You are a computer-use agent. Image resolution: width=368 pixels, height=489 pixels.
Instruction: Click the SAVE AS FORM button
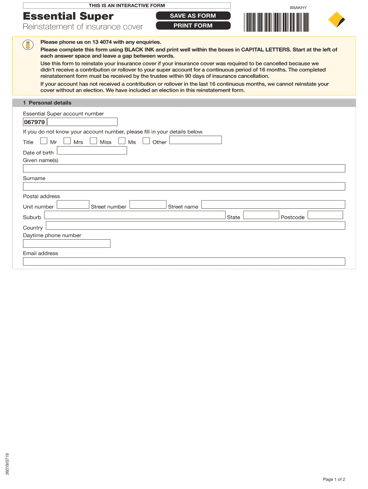pyautogui.click(x=193, y=16)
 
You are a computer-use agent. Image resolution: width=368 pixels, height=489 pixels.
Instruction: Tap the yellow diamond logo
pyautogui.click(x=336, y=20)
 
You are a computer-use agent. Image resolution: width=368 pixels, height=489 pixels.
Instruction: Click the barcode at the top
pyautogui.click(x=276, y=21)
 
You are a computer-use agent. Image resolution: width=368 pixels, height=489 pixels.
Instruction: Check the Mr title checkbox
pyautogui.click(x=44, y=141)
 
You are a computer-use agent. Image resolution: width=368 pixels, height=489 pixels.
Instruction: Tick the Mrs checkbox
pyautogui.click(x=67, y=141)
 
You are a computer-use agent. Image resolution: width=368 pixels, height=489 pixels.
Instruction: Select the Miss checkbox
pyautogui.click(x=93, y=141)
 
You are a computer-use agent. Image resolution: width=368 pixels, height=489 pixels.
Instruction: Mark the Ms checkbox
pyautogui.click(x=122, y=141)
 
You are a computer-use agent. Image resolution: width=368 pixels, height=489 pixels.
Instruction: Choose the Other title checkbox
pyautogui.click(x=146, y=141)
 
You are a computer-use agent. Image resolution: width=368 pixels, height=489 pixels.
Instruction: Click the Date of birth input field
pyautogui.click(x=92, y=150)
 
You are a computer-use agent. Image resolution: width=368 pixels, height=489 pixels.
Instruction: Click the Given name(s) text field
pyautogui.click(x=184, y=169)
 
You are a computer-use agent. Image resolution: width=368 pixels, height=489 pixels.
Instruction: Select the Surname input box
pyautogui.click(x=184, y=186)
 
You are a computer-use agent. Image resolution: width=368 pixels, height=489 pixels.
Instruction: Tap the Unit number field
pyautogui.click(x=73, y=204)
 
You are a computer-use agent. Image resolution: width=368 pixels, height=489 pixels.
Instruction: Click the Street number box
pyautogui.click(x=148, y=204)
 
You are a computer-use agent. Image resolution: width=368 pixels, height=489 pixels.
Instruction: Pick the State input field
pyautogui.click(x=261, y=215)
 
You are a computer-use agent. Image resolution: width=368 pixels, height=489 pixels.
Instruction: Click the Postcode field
pyautogui.click(x=325, y=215)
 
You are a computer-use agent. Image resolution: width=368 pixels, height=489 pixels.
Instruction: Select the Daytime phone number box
pyautogui.click(x=66, y=244)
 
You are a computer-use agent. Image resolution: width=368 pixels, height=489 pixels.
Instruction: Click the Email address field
pyautogui.click(x=184, y=262)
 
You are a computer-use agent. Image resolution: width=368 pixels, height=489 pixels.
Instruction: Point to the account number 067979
pyautogui.click(x=34, y=122)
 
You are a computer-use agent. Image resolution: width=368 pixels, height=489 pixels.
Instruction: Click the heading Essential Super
pyautogui.click(x=68, y=17)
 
